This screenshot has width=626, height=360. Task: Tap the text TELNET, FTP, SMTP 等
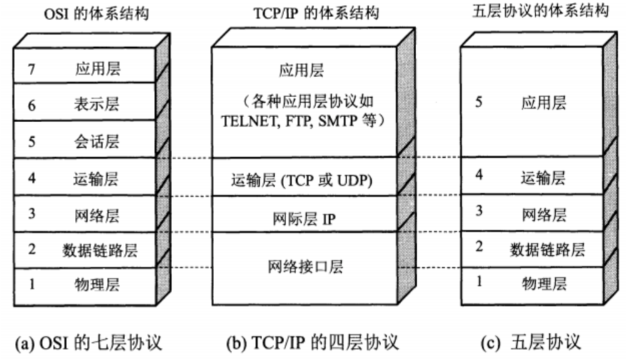tap(303, 121)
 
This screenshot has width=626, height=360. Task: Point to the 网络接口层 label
tap(305, 267)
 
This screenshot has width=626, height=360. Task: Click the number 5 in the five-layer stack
tap(478, 102)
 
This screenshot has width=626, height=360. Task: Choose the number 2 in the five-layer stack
tap(479, 247)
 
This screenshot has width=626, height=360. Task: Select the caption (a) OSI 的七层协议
tap(90, 342)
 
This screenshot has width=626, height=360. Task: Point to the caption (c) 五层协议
tap(530, 342)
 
